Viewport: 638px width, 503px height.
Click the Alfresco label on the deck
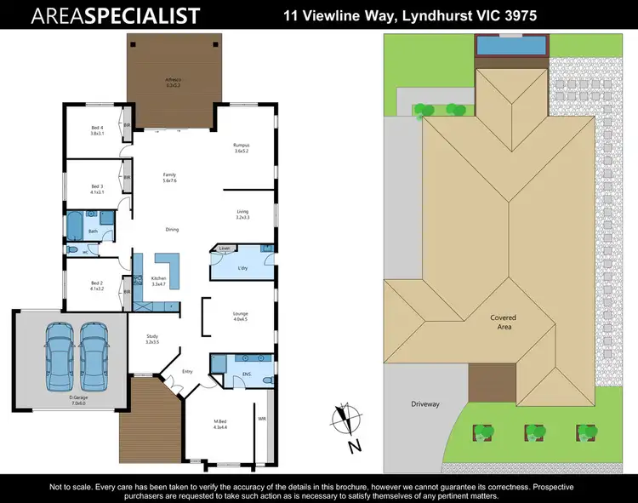(x=174, y=83)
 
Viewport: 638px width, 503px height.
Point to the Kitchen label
(x=158, y=280)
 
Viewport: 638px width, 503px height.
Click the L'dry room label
(x=242, y=268)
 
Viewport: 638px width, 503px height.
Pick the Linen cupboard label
(x=225, y=249)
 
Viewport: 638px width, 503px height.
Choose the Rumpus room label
(x=241, y=147)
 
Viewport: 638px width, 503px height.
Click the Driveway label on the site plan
(x=424, y=403)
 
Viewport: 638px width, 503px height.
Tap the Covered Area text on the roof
(x=503, y=323)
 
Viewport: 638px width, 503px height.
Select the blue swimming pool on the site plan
(x=510, y=44)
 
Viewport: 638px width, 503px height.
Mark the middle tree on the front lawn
(x=533, y=431)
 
